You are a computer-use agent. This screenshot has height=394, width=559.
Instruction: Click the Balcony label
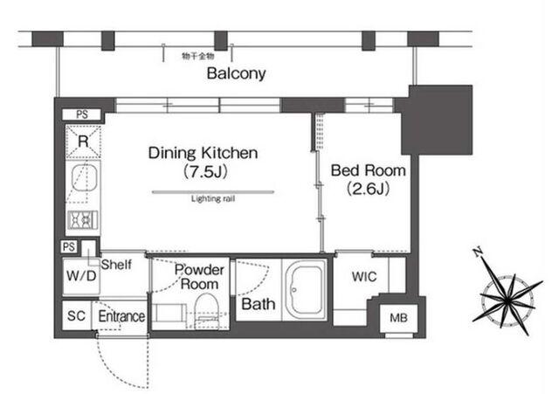(236, 73)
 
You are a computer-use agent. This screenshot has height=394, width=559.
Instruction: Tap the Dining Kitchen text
(203, 153)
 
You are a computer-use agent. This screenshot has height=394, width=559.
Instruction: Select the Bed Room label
(369, 170)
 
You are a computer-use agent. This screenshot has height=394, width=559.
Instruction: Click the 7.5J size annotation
(205, 172)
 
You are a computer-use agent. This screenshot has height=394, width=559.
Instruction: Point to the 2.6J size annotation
(369, 189)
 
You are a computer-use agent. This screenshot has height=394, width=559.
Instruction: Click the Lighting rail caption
(213, 198)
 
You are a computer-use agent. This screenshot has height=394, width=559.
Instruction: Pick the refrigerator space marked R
(83, 142)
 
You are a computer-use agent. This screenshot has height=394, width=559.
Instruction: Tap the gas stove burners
(83, 219)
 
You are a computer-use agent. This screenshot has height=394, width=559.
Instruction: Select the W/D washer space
(81, 276)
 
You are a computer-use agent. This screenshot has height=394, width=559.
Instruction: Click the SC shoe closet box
(76, 315)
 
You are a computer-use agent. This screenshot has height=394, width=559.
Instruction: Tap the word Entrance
(122, 316)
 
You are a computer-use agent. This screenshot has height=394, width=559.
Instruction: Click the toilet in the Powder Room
(206, 310)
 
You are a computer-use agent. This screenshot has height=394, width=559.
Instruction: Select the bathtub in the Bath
(305, 288)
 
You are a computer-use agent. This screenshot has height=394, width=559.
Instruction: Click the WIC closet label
(364, 277)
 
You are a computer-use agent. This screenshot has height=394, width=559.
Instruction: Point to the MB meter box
(398, 318)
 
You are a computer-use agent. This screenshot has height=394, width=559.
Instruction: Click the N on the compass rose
(478, 252)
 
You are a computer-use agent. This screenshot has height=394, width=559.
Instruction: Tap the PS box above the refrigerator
(82, 114)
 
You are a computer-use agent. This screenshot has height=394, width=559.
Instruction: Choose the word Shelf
(116, 265)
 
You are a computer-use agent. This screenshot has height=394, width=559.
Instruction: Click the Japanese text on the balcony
(198, 56)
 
